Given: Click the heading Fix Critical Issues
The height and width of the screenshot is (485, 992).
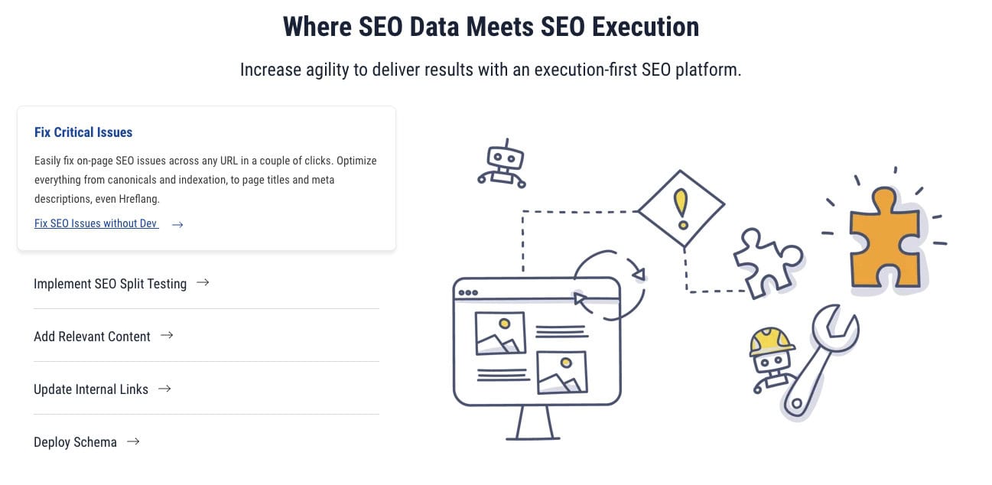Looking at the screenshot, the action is click(83, 132).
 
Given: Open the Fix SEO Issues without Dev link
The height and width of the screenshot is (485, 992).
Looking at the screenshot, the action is click(96, 223).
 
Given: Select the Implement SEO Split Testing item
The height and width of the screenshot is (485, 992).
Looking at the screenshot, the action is click(110, 284).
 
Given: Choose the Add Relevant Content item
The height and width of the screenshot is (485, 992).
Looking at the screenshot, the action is click(92, 337).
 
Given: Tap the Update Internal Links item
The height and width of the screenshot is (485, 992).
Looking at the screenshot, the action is click(91, 389).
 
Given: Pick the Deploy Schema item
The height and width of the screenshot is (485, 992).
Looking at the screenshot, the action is click(75, 442).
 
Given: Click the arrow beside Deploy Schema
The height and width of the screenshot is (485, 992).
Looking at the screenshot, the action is click(133, 441).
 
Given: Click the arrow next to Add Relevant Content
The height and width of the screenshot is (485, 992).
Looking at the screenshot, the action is click(167, 335).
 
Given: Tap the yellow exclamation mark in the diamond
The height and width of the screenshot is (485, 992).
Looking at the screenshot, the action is click(681, 209).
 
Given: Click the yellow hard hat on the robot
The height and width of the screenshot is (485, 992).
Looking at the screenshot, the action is click(771, 341).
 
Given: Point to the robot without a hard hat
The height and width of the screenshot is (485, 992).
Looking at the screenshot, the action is click(503, 164).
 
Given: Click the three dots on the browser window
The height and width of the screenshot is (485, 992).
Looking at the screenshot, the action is click(468, 293).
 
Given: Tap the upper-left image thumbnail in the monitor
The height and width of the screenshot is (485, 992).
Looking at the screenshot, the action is click(500, 333).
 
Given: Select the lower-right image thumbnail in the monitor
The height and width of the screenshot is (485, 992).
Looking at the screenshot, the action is click(562, 373).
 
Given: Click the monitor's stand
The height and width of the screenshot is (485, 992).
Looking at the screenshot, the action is click(534, 422).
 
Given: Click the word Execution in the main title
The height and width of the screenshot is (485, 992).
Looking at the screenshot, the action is click(646, 27).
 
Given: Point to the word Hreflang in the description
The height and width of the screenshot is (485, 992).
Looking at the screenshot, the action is click(138, 199).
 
